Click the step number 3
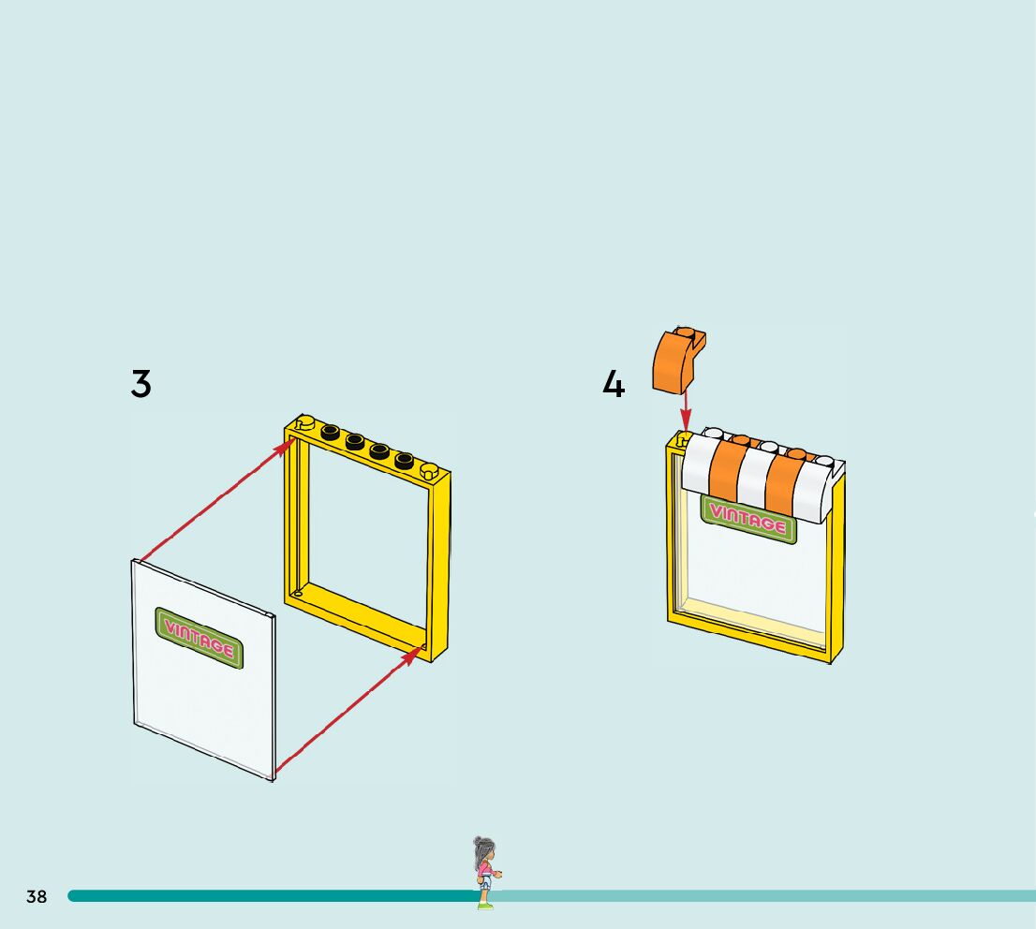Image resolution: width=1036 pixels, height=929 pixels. pos(141,384)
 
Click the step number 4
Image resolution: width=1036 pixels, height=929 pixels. pos(614,384)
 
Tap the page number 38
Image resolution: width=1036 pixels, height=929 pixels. pos(37,897)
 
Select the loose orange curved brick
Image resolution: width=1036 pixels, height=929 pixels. pos(678,361)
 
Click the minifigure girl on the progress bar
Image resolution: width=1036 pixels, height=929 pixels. pos(484,872)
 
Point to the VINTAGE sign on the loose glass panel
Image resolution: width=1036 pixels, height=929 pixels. pos(199,637)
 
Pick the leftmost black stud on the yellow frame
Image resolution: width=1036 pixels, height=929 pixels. pos(331,432)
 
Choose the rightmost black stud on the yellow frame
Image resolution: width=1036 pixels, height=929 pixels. pos(404,460)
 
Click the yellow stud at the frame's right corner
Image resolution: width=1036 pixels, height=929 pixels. pos(430,469)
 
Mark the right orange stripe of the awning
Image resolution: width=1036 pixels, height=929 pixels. pos(784,481)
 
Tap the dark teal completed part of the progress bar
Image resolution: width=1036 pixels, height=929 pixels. pos(272,896)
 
